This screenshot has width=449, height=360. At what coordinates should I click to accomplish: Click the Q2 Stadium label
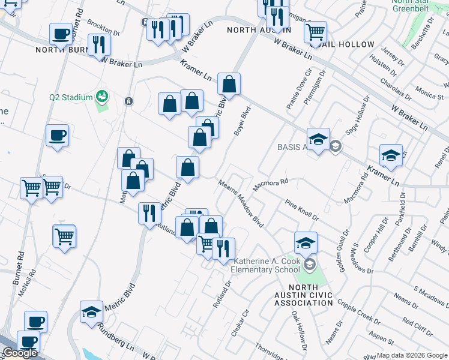pos(71,97)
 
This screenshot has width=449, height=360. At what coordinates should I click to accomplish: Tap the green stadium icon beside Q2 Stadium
pos(102,96)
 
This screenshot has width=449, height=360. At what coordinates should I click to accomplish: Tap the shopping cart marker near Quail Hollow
pos(315,32)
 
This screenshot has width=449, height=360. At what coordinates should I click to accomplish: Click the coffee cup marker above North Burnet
pos(60,35)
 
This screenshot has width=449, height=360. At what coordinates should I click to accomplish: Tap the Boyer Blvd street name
pos(242,121)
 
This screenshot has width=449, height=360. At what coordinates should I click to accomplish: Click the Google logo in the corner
pos(20,353)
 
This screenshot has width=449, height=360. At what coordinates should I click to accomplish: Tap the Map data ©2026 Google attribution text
pos(412,355)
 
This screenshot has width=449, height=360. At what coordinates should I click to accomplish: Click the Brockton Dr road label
pos(103,28)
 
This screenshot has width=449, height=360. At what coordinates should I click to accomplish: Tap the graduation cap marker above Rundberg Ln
pos(92,312)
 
